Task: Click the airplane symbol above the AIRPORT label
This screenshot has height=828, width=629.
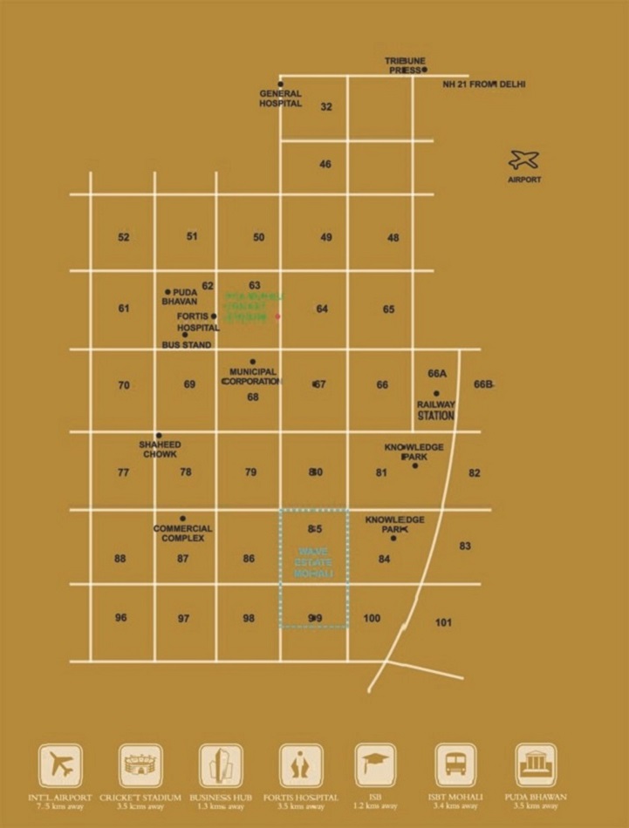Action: pos(523,160)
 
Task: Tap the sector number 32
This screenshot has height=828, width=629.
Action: pos(326,107)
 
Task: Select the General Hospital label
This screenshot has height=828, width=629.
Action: pos(280,98)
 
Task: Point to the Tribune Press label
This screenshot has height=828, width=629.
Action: pos(405,65)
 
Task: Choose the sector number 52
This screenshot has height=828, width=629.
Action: pos(124,237)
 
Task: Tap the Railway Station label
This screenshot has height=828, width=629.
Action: pos(436,411)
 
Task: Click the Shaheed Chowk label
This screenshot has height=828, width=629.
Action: pos(159,449)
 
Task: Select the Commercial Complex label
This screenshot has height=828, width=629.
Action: pos(182,533)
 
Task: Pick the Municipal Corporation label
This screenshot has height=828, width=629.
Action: pos(252,376)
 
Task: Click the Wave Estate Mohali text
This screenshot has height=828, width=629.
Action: pos(314,563)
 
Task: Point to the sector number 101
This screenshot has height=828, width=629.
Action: pos(443,622)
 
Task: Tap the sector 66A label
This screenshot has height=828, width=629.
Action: pos(437,373)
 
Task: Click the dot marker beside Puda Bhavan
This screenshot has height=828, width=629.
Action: pos(168,292)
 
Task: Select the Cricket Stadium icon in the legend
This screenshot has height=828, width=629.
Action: pos(140,765)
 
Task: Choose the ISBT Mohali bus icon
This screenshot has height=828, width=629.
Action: pos(455,765)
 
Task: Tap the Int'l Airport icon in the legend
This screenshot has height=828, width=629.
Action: pos(60,765)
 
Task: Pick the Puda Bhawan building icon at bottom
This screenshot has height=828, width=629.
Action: pos(536,765)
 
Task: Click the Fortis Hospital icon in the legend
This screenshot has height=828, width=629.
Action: pos(301,765)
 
